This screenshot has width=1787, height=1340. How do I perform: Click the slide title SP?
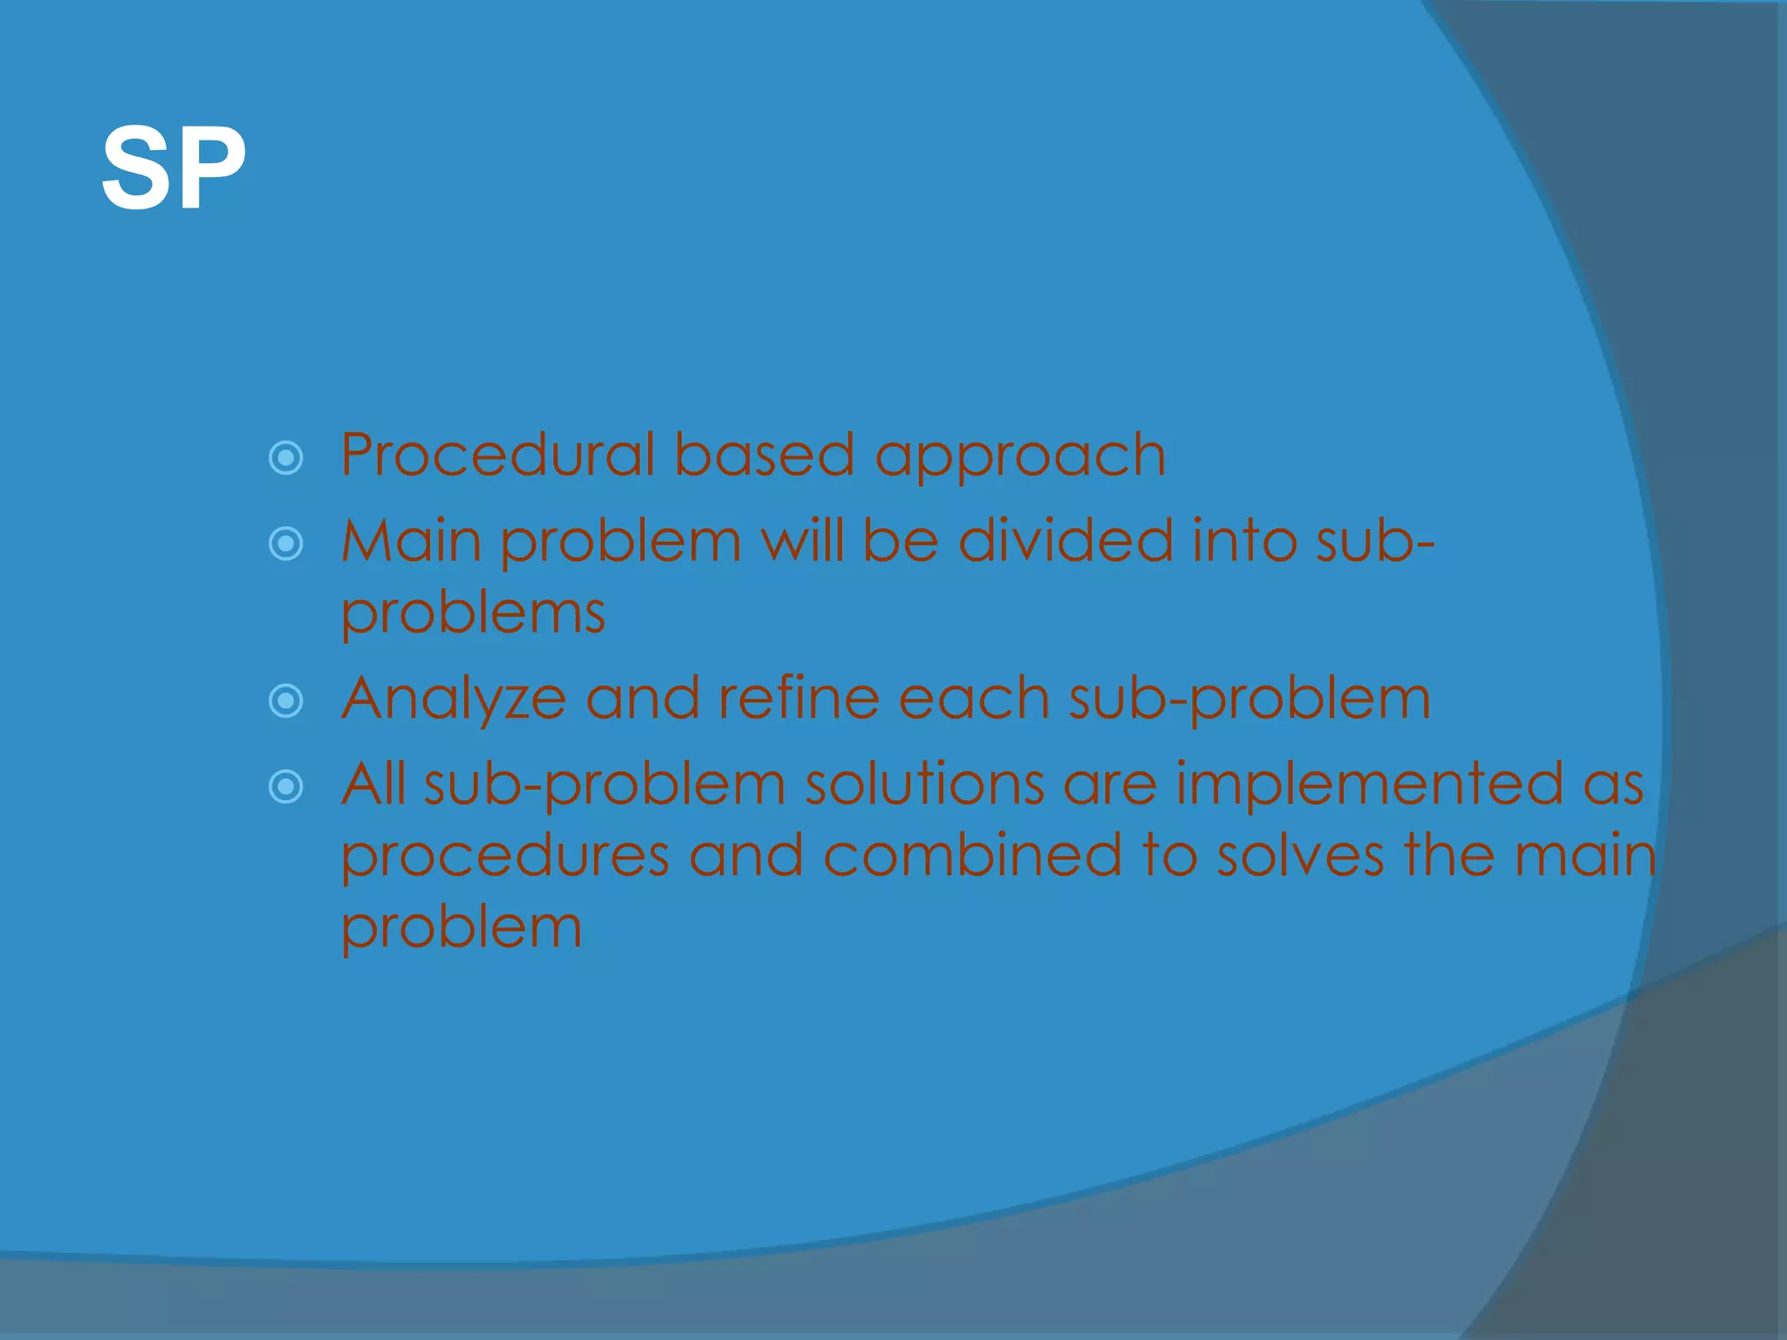tap(173, 167)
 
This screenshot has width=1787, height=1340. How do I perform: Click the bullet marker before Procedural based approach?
tap(286, 458)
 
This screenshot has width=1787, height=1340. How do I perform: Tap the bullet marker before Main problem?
tap(286, 544)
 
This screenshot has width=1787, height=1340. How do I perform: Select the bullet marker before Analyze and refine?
tap(286, 701)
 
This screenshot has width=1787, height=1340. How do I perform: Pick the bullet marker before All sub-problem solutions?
tap(286, 787)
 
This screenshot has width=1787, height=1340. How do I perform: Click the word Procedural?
tap(497, 455)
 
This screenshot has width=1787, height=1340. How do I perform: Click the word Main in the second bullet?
tap(411, 541)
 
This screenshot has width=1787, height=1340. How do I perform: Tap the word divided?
tap(1065, 541)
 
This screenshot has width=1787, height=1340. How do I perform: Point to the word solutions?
tap(924, 783)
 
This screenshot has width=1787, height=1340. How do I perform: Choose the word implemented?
tap(1369, 785)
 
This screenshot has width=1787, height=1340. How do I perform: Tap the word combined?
tap(972, 855)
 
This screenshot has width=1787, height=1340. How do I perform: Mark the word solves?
tap(1300, 855)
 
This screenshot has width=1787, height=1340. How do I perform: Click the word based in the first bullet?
tap(763, 455)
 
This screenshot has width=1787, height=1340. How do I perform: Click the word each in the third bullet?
tap(974, 698)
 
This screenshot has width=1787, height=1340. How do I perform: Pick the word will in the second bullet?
tap(802, 541)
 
